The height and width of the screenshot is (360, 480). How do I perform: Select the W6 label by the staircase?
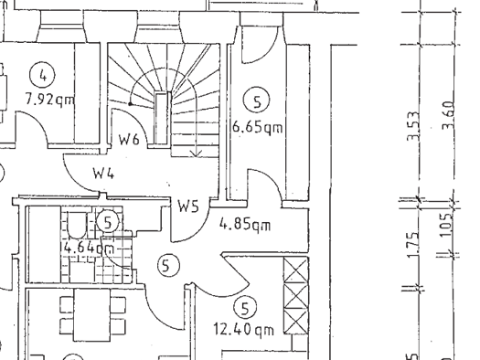128,141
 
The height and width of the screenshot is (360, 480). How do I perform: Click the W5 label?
189,207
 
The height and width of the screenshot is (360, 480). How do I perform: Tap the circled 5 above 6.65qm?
257,101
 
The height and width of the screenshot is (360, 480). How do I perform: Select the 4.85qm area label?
244,222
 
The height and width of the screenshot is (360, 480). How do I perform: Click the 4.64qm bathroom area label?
89,247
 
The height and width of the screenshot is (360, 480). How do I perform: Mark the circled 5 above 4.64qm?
107,222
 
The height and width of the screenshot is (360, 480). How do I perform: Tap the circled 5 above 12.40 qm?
245,306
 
